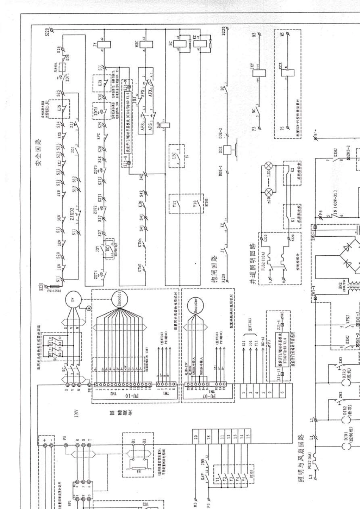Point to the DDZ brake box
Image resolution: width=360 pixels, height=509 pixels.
pos(228,149)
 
